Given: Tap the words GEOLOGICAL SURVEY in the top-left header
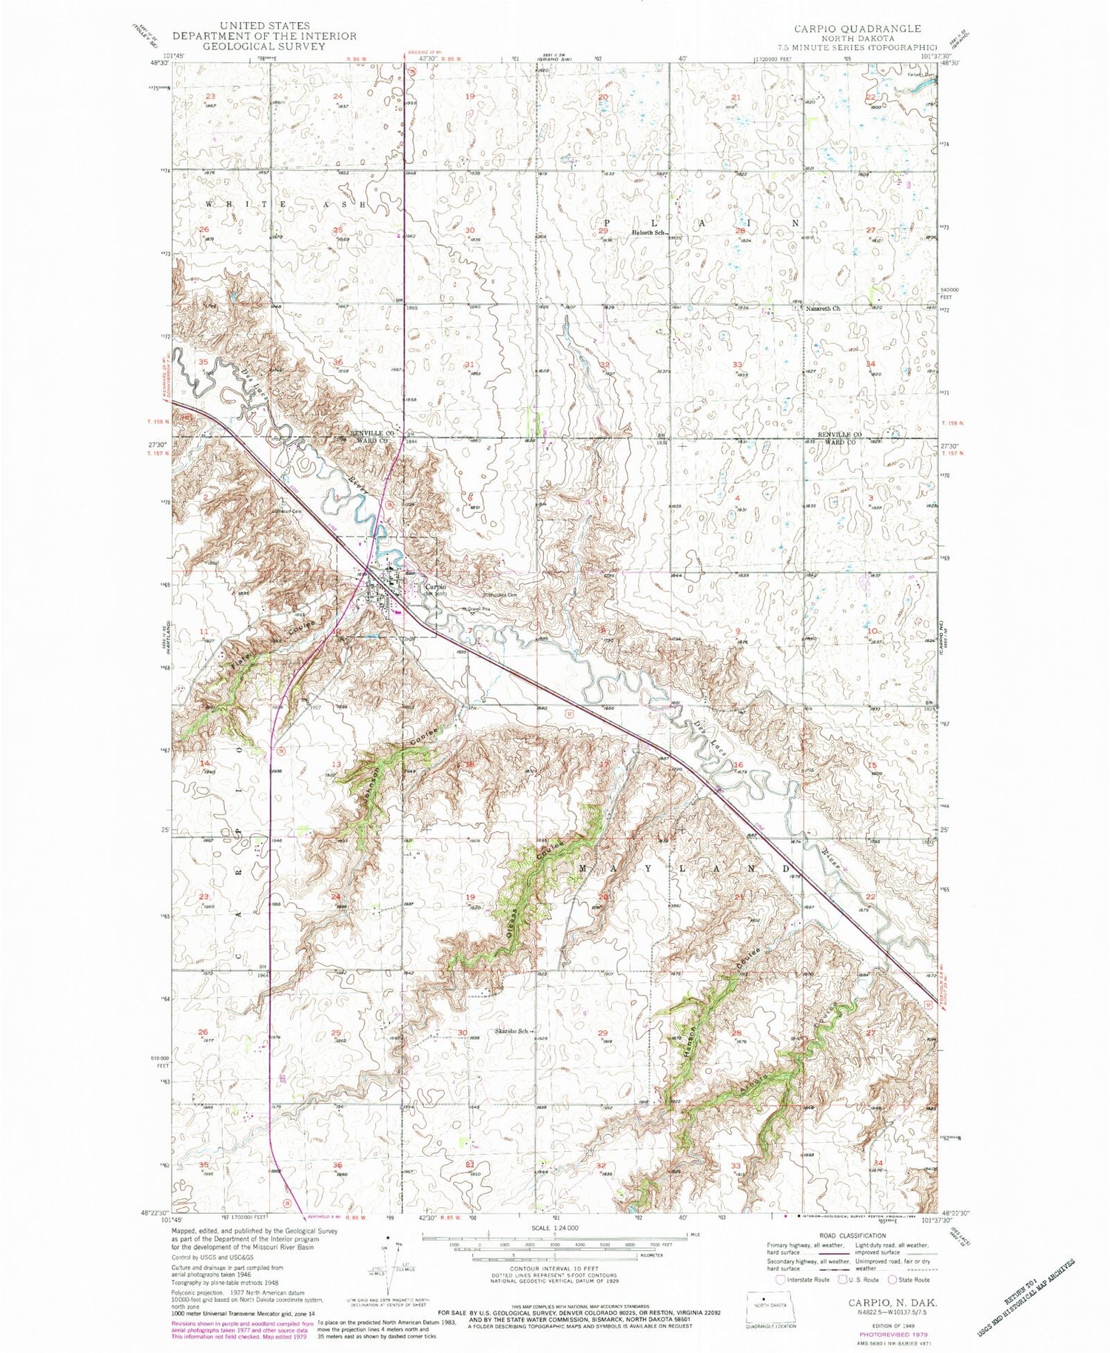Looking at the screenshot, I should pos(264,46).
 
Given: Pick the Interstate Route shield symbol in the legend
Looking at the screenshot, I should pos(781,1279).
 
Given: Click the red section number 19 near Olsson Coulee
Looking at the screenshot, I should pos(469,897).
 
